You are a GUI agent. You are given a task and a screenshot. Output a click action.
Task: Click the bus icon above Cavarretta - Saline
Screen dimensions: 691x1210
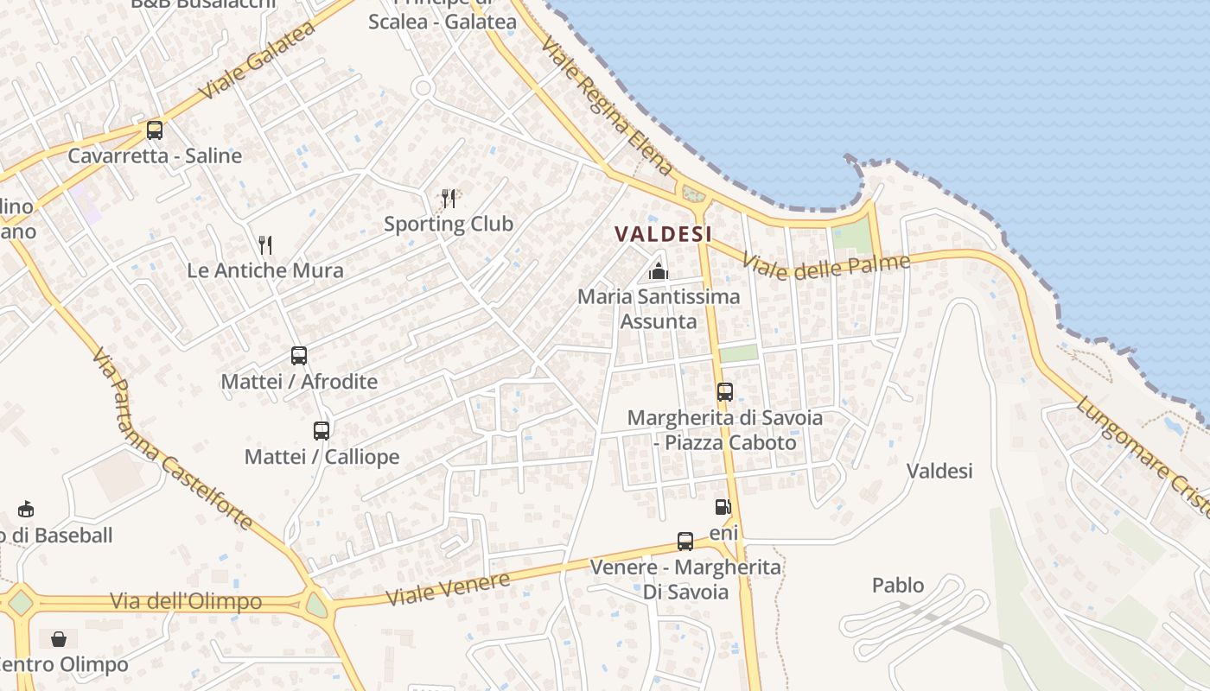click(155, 130)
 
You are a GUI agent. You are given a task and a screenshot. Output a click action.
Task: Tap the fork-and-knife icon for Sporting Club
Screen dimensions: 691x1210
click(449, 199)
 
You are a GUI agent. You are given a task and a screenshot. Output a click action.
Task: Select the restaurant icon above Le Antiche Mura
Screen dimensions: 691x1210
click(265, 245)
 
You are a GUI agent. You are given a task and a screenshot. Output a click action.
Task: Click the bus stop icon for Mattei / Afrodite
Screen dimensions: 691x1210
click(299, 355)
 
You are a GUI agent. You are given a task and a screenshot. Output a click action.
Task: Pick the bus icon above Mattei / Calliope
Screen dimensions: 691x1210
click(322, 430)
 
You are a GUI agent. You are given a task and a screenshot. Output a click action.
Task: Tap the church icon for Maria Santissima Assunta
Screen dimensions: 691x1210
click(659, 271)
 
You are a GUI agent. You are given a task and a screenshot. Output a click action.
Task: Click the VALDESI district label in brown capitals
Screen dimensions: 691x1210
click(663, 234)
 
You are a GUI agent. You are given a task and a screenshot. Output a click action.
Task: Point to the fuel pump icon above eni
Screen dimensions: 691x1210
click(723, 507)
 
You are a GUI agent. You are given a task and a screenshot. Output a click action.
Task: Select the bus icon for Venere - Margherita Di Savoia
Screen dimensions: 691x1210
click(685, 542)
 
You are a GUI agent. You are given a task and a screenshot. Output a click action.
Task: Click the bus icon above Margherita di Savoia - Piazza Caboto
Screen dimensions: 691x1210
click(725, 392)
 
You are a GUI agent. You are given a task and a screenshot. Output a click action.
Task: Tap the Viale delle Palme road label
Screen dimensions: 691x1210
click(826, 267)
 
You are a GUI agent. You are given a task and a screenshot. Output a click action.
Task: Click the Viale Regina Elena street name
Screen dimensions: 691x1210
click(607, 106)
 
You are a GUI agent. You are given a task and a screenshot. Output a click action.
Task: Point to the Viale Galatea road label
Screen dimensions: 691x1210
click(257, 61)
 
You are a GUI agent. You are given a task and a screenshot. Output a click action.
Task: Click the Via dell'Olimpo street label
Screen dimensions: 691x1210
click(186, 601)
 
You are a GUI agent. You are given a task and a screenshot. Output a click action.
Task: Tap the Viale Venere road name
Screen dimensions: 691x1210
click(448, 588)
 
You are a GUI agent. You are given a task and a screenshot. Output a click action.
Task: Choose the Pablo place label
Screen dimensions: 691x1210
click(898, 586)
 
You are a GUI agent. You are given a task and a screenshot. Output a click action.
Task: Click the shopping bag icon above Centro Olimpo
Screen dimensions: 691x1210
click(59, 639)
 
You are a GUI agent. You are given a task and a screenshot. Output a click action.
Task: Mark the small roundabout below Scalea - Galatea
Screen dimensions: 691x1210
click(423, 87)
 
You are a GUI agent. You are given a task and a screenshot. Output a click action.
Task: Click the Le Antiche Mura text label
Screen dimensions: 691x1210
click(265, 270)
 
